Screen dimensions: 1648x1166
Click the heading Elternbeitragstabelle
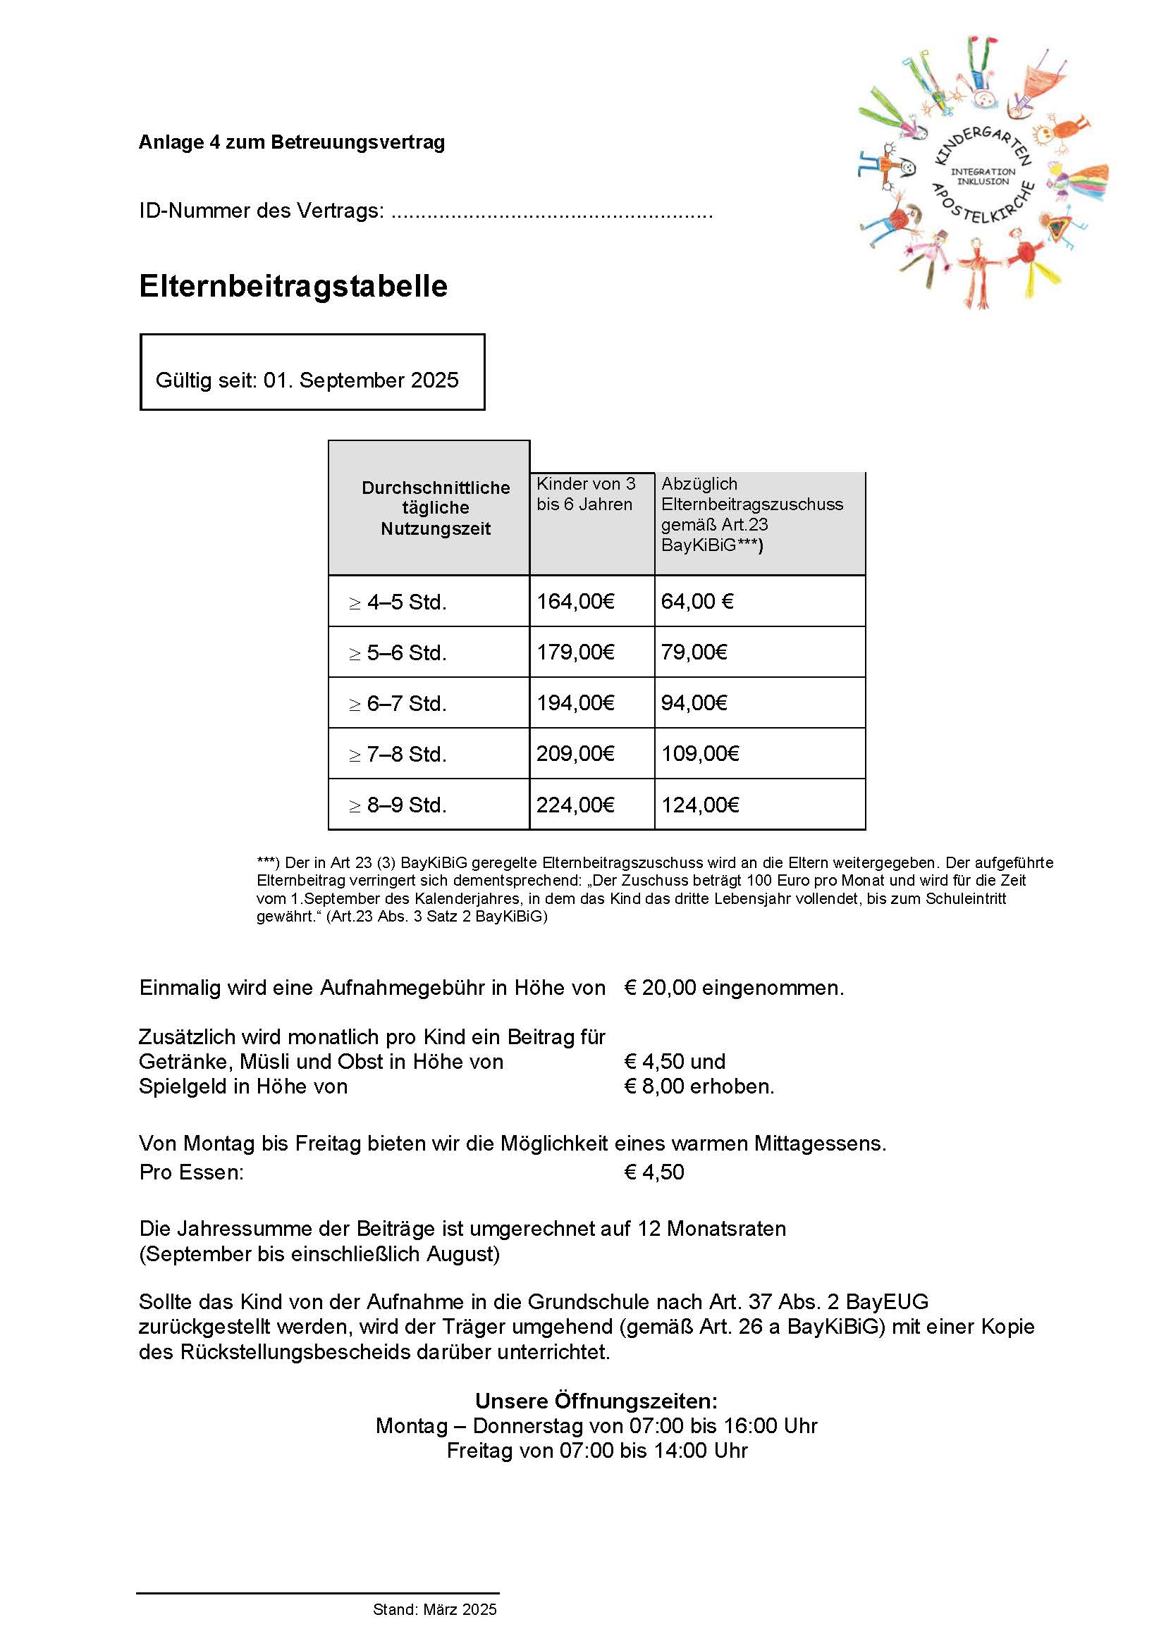click(x=293, y=285)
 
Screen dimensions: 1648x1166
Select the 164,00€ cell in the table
click(x=575, y=602)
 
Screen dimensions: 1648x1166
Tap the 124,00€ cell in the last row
click(x=700, y=805)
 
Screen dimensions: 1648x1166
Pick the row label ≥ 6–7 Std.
click(x=398, y=703)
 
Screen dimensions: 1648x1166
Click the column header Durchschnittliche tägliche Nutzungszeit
click(x=435, y=508)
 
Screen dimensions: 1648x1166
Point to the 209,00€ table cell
click(x=575, y=754)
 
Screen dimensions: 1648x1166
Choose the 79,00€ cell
click(x=694, y=652)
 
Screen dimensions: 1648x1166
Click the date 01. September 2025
click(x=360, y=380)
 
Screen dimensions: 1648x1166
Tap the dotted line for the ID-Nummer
click(x=551, y=213)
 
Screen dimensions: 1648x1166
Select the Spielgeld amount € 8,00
click(x=654, y=1086)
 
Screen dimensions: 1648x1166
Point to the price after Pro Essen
click(x=654, y=1172)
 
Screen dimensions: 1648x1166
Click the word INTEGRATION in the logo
click(x=983, y=171)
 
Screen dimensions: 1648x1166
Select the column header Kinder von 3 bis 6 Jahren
click(x=586, y=494)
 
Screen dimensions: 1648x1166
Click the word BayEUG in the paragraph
click(x=887, y=1301)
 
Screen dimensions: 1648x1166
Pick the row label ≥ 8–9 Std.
click(x=398, y=805)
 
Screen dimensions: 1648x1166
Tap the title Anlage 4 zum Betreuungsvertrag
click(x=292, y=142)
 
